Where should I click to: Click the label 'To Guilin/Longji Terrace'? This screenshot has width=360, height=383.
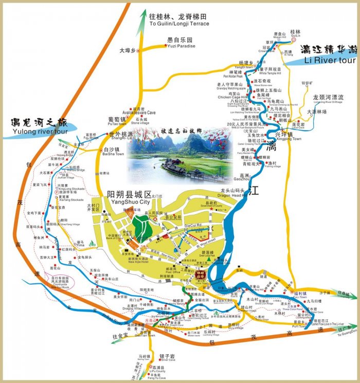pos(179,23)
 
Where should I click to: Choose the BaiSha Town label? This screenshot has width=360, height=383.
pos(113,154)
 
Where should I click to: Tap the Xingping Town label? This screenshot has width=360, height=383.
pos(290,139)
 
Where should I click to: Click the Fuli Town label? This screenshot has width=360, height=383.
pos(300,297)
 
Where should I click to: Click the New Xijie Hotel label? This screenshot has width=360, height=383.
pos(138,262)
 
